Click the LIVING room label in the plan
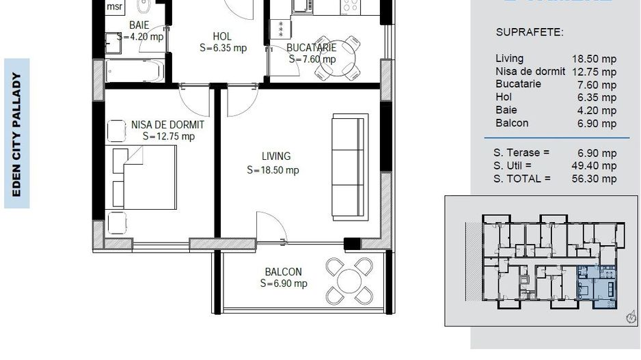point(275,156)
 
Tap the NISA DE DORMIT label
point(168,124)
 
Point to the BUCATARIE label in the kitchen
point(311,48)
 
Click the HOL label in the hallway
point(222,36)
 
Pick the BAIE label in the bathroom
point(139,25)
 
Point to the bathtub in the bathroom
point(135,70)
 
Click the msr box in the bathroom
point(115,7)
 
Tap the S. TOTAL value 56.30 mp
point(595,179)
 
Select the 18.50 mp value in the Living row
point(594,59)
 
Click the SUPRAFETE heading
point(529,32)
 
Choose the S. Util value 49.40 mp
point(595,165)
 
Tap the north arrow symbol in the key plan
point(629,317)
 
